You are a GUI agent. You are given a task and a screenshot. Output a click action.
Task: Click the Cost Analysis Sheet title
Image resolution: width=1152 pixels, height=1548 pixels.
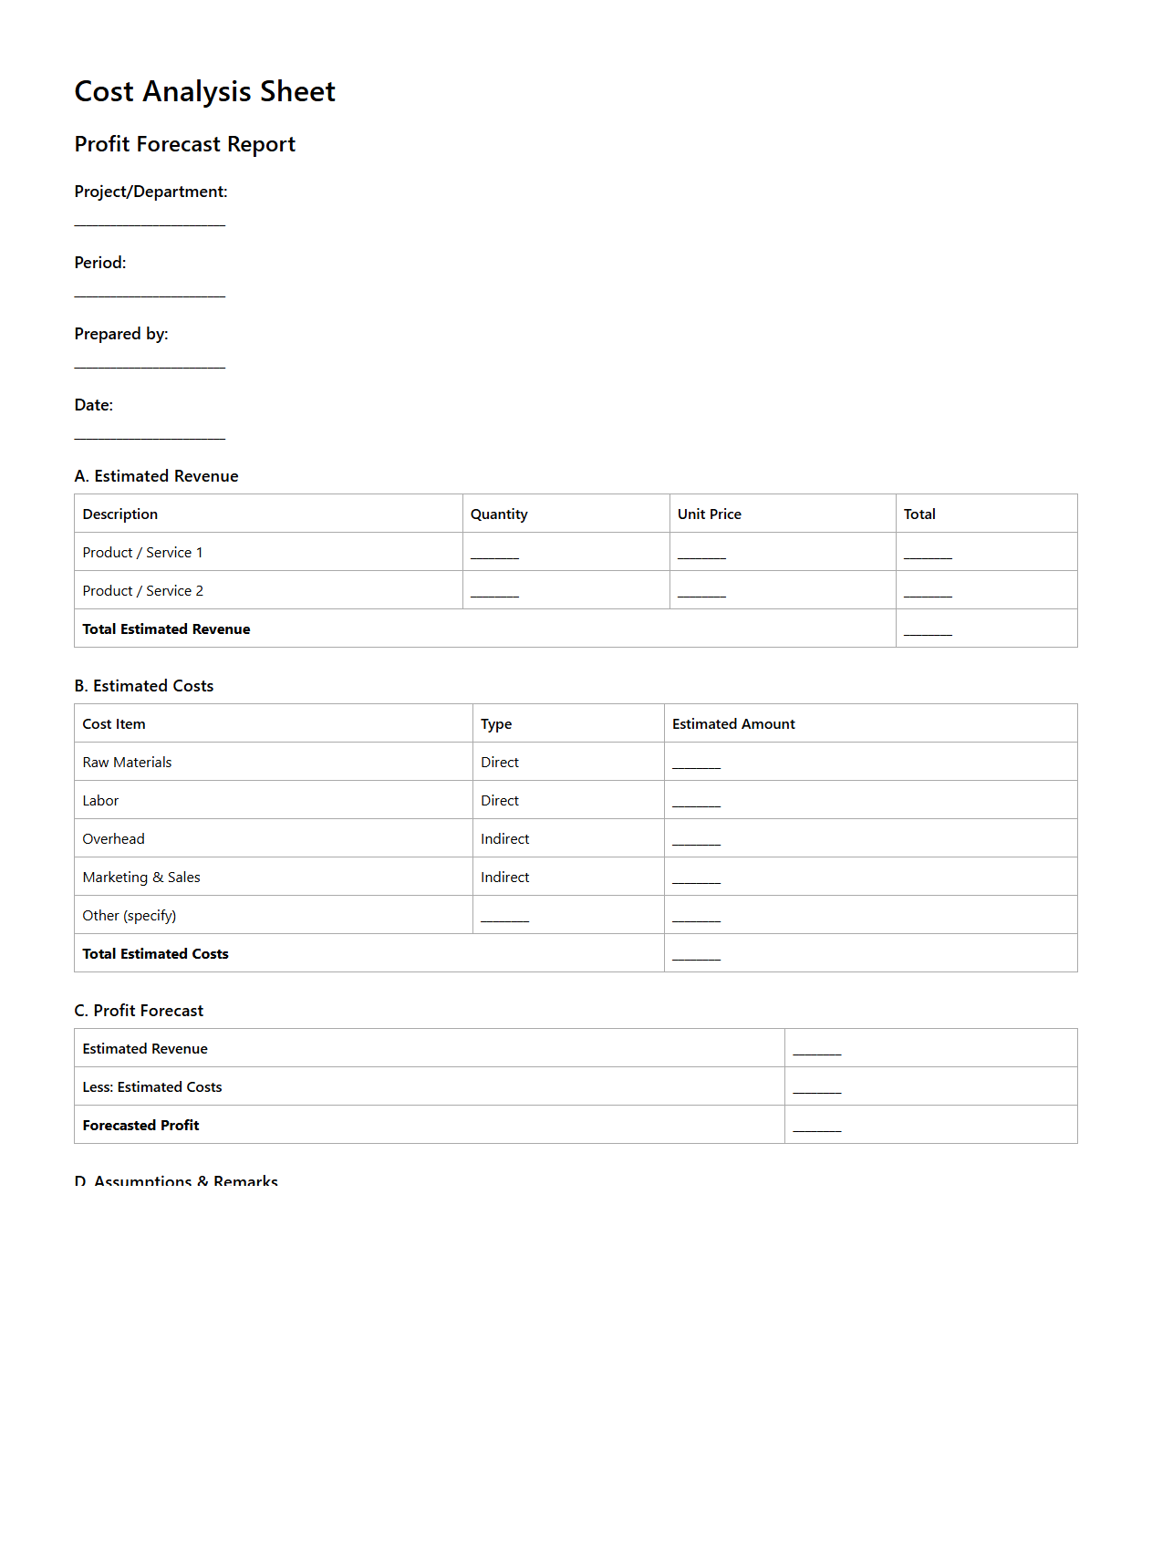pos(204,91)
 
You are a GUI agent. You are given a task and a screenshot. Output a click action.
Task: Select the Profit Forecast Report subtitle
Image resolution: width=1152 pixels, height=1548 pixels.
pos(184,144)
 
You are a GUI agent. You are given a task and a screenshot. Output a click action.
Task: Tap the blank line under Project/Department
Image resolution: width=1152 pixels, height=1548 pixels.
pos(150,222)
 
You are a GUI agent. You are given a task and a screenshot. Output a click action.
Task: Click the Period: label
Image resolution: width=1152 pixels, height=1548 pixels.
pos(100,263)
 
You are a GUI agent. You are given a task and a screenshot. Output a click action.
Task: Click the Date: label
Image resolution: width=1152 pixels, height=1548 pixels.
pos(94,405)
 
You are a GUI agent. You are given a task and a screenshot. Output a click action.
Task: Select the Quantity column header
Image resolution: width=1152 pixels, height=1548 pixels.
pos(499,514)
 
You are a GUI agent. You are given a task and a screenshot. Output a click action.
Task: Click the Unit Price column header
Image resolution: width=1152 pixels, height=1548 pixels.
pos(709,514)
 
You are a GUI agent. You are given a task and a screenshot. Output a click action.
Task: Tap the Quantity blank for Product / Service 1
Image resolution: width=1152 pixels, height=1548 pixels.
pos(494,555)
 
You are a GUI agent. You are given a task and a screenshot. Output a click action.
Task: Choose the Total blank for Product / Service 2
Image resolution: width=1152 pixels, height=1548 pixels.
pos(928,593)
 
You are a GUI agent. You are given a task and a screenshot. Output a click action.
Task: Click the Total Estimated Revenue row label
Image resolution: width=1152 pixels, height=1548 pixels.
pos(166,629)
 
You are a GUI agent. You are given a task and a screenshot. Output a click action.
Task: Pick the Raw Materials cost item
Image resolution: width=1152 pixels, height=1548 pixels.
pos(127,763)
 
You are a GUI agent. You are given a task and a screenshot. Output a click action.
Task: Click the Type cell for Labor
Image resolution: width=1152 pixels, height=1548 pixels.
pos(500,801)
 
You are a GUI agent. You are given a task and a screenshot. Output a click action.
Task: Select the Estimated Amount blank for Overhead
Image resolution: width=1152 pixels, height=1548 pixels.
pos(696,841)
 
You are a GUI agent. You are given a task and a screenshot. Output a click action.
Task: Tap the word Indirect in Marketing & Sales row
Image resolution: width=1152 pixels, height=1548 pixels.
pos(504,878)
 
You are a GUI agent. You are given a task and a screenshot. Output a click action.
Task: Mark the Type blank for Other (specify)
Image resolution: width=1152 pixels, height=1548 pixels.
pos(504,918)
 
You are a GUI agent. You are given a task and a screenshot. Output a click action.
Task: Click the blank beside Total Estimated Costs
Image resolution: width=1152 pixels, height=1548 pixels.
pos(696,956)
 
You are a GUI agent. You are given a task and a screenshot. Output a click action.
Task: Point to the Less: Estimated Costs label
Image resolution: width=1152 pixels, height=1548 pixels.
pos(152,1087)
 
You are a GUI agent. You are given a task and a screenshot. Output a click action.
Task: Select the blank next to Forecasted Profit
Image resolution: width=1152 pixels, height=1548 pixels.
pos(816,1127)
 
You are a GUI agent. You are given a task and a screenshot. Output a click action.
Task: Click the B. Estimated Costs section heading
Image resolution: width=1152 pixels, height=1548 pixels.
pos(144,686)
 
